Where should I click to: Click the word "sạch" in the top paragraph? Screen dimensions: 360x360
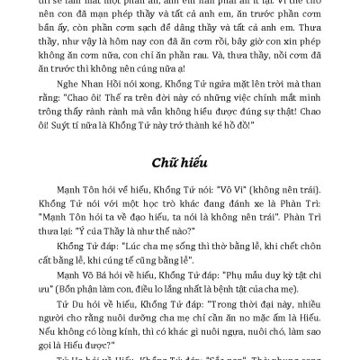[x=167, y=41]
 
